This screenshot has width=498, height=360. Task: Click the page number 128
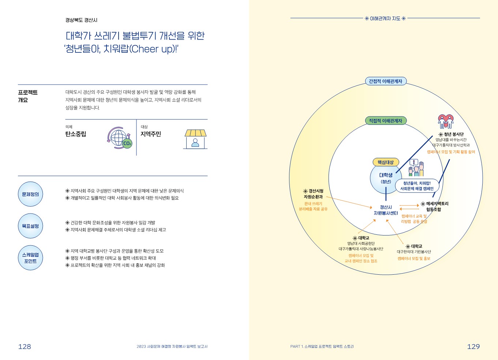coord(25,346)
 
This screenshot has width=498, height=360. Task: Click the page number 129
coord(473,346)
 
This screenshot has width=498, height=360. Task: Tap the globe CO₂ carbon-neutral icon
coord(120,138)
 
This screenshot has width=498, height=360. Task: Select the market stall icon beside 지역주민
coord(195,139)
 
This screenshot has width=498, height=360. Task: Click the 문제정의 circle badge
coord(30,194)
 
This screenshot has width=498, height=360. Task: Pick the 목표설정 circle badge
coord(30,226)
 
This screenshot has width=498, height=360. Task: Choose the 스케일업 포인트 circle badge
coord(30,258)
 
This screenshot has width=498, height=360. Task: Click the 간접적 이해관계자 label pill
coord(385,81)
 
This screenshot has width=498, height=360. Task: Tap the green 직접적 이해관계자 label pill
coord(385,121)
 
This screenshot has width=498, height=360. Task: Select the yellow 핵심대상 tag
coord(385,162)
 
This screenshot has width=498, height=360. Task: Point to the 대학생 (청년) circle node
coord(385,178)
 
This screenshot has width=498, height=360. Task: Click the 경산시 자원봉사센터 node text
coord(386,210)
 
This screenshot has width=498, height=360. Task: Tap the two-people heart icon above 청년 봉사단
coord(446,122)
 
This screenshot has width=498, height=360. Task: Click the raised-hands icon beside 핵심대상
coord(416,168)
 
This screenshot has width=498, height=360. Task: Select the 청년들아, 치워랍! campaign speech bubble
coord(417,186)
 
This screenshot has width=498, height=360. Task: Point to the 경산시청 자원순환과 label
coord(313,194)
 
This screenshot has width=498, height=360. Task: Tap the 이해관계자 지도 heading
coord(385,18)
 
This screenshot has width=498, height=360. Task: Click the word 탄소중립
coord(76,134)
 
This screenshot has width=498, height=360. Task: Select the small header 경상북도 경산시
coord(81,20)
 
